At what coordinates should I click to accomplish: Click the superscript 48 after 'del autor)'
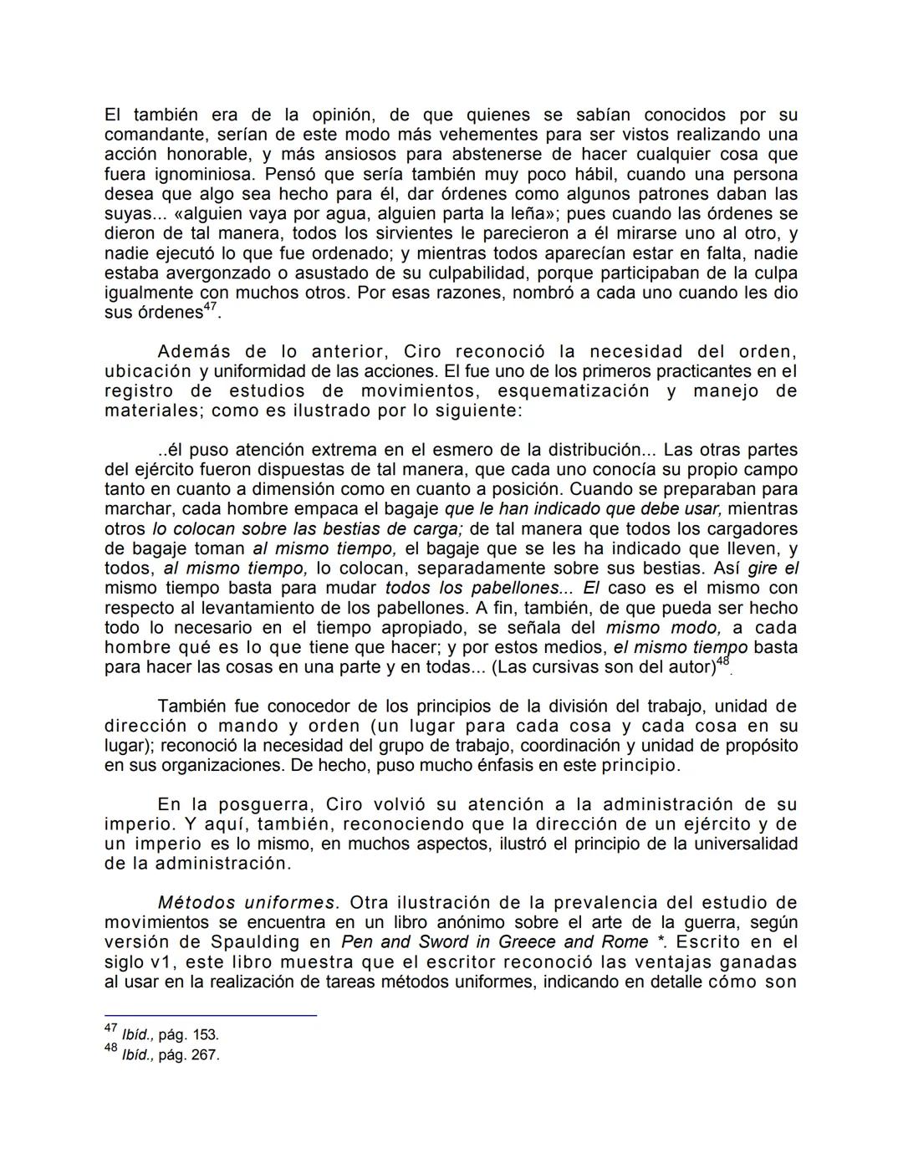(x=723, y=661)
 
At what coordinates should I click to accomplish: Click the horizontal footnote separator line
(x=210, y=1015)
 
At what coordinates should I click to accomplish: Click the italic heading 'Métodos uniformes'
(x=246, y=902)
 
